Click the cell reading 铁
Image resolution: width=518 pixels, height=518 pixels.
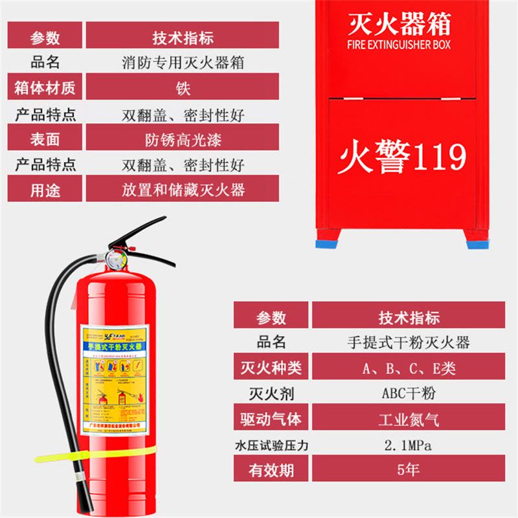pos(182,87)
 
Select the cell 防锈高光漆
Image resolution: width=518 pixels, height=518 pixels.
pos(182,138)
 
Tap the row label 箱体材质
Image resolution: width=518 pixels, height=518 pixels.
pos(45,87)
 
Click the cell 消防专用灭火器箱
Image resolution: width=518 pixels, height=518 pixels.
pos(182,62)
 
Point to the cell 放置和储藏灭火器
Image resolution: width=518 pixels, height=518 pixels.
pos(182,189)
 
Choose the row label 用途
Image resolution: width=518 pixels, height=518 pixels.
pos(45,189)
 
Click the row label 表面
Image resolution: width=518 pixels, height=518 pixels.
pos(45,138)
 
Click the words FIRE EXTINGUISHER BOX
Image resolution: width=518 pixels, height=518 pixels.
pos(399,45)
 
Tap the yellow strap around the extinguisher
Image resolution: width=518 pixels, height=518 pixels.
pos(97,453)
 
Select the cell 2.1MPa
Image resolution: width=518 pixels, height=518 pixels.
pos(408,445)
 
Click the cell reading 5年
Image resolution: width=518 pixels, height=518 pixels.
pos(408,469)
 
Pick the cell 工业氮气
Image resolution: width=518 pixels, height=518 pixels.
pos(408,418)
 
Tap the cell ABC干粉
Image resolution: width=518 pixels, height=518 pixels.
pos(408,393)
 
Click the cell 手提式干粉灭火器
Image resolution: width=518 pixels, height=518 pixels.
pos(408,342)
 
